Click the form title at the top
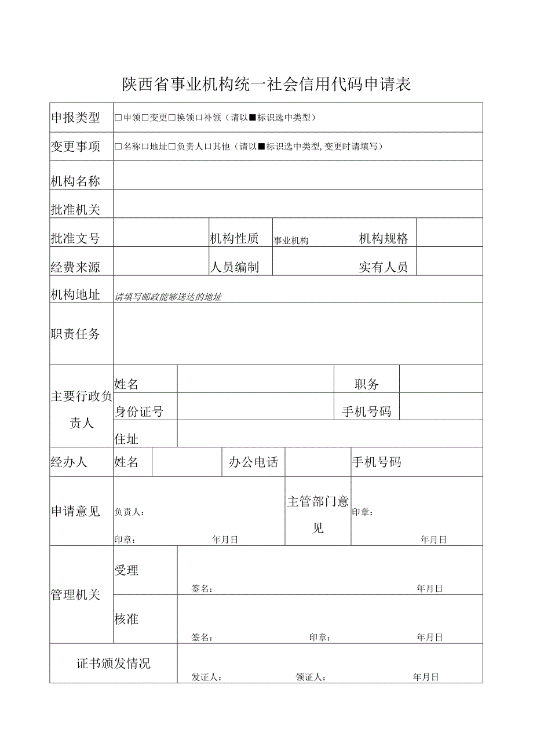266,85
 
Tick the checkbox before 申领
118,118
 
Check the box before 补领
199,118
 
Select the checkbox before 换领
172,118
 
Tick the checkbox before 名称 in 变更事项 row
118,147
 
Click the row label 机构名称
75,181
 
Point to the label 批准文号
75,238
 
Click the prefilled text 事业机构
291,241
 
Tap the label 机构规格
384,238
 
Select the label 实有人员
384,267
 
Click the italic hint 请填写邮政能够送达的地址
168,297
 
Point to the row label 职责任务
75,333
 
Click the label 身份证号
139,411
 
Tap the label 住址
126,439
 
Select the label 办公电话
254,462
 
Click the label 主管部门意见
318,515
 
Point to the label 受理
126,570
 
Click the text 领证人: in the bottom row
311,677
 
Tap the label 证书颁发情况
114,664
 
